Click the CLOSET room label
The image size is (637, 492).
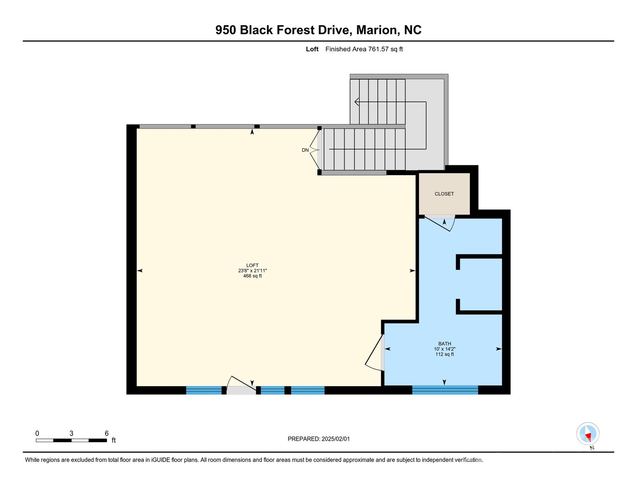(444, 194)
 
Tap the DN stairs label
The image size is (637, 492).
(305, 150)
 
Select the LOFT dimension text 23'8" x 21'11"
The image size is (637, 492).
(252, 271)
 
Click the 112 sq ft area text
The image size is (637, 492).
(444, 354)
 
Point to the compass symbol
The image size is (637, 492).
(588, 434)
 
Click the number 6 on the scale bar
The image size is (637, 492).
(107, 433)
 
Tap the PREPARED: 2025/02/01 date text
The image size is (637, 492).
(318, 439)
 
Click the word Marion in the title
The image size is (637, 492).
(376, 30)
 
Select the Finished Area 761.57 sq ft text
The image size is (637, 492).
(364, 49)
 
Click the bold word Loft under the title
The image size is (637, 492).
(312, 49)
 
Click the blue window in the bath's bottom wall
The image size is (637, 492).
(445, 390)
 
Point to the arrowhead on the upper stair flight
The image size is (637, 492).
(357, 102)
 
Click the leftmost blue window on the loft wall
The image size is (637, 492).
(204, 390)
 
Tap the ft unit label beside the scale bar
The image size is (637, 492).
(114, 440)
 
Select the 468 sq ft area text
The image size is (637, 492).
(252, 276)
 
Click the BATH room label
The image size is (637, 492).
(444, 344)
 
